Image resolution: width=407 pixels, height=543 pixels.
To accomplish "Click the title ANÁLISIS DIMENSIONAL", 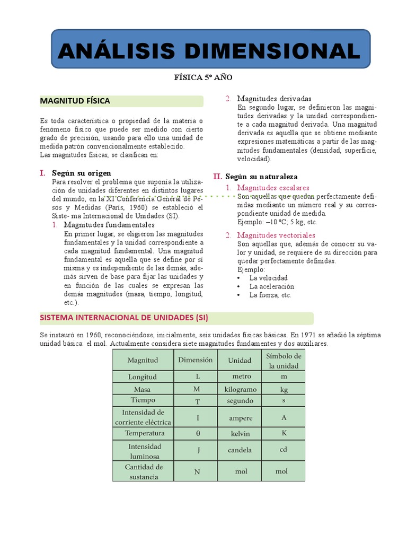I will click(210, 51).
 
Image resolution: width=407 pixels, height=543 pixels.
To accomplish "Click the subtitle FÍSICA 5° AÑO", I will click(203, 77).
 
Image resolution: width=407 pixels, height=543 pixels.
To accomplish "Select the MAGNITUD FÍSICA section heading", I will click(75, 101).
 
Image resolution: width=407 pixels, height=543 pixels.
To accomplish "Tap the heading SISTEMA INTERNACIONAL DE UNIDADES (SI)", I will click(124, 318).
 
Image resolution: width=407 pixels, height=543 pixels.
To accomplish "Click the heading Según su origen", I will click(82, 173).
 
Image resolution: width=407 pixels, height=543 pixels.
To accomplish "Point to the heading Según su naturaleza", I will click(261, 176).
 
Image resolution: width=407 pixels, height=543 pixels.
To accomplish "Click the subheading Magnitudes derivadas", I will click(274, 99).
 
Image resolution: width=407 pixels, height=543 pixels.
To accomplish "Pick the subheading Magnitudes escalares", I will click(273, 188).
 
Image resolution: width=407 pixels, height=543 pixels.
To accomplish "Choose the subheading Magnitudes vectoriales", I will click(276, 235).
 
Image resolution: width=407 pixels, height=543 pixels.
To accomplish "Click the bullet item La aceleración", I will click(272, 286).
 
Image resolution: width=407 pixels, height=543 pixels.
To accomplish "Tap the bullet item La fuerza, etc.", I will click(270, 295).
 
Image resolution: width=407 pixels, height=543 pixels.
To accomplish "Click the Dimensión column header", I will click(195, 360).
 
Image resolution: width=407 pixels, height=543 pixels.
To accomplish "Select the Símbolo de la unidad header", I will click(284, 361).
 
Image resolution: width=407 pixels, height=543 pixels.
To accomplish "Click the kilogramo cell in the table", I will click(240, 389).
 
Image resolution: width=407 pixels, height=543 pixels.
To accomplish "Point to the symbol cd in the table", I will click(283, 449).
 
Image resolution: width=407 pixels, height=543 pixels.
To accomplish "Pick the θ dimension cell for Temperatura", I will click(198, 433).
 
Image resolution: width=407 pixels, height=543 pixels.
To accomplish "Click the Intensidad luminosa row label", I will click(145, 451).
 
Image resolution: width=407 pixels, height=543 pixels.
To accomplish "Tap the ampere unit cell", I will click(240, 418).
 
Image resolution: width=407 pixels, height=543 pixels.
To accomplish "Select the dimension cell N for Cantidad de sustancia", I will click(197, 471).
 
